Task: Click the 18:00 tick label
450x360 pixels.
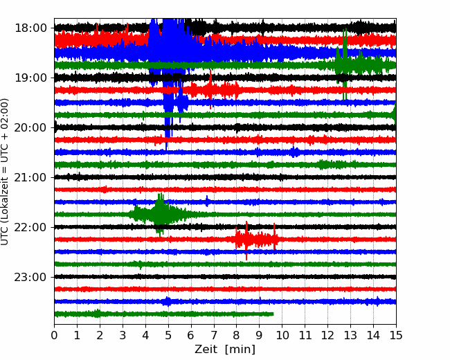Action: pos(30,28)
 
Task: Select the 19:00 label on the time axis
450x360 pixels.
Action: pos(30,78)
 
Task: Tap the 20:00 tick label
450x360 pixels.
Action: pos(30,128)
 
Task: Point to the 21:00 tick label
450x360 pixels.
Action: pos(30,177)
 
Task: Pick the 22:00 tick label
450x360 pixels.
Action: pos(30,227)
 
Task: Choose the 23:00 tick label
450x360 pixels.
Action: pos(30,277)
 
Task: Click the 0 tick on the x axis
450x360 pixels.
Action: pos(54,335)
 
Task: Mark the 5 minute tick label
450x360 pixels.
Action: pos(168,335)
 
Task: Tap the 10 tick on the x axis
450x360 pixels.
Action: pos(282,335)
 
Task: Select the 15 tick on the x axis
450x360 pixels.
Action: pos(396,335)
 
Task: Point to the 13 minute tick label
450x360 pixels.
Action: pos(350,335)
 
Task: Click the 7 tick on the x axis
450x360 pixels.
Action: pos(214,335)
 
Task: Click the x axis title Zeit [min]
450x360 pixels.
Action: pos(225,350)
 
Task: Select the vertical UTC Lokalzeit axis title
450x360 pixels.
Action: pos(4,172)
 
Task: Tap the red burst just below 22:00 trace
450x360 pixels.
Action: pos(256,240)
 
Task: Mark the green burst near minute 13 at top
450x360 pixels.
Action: pos(361,64)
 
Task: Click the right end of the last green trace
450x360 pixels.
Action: pos(273,314)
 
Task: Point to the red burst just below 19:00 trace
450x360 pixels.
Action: pos(213,89)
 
